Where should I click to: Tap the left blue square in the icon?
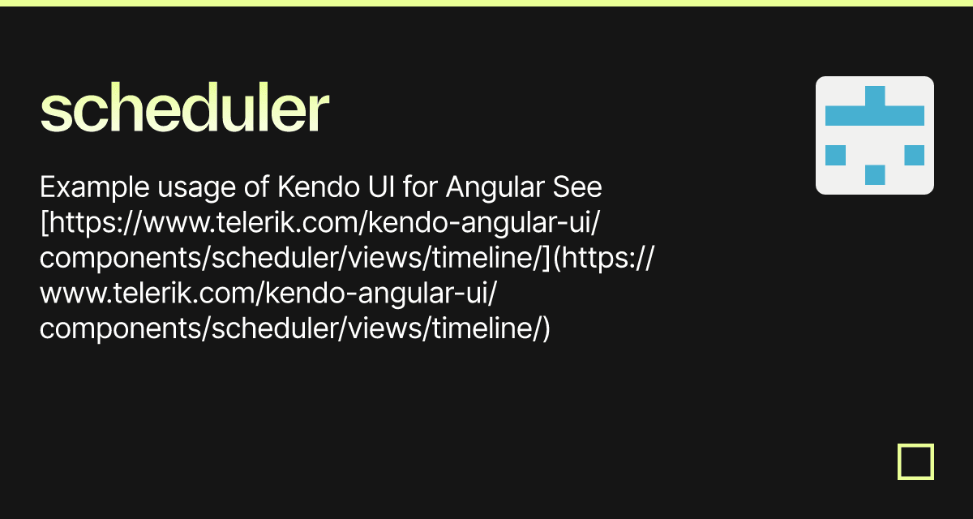(x=835, y=155)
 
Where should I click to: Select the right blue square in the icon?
(x=914, y=155)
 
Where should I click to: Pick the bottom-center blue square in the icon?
(x=875, y=174)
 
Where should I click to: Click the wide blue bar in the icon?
(x=875, y=115)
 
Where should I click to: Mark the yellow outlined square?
(x=916, y=461)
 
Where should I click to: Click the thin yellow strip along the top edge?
(x=486, y=3)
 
